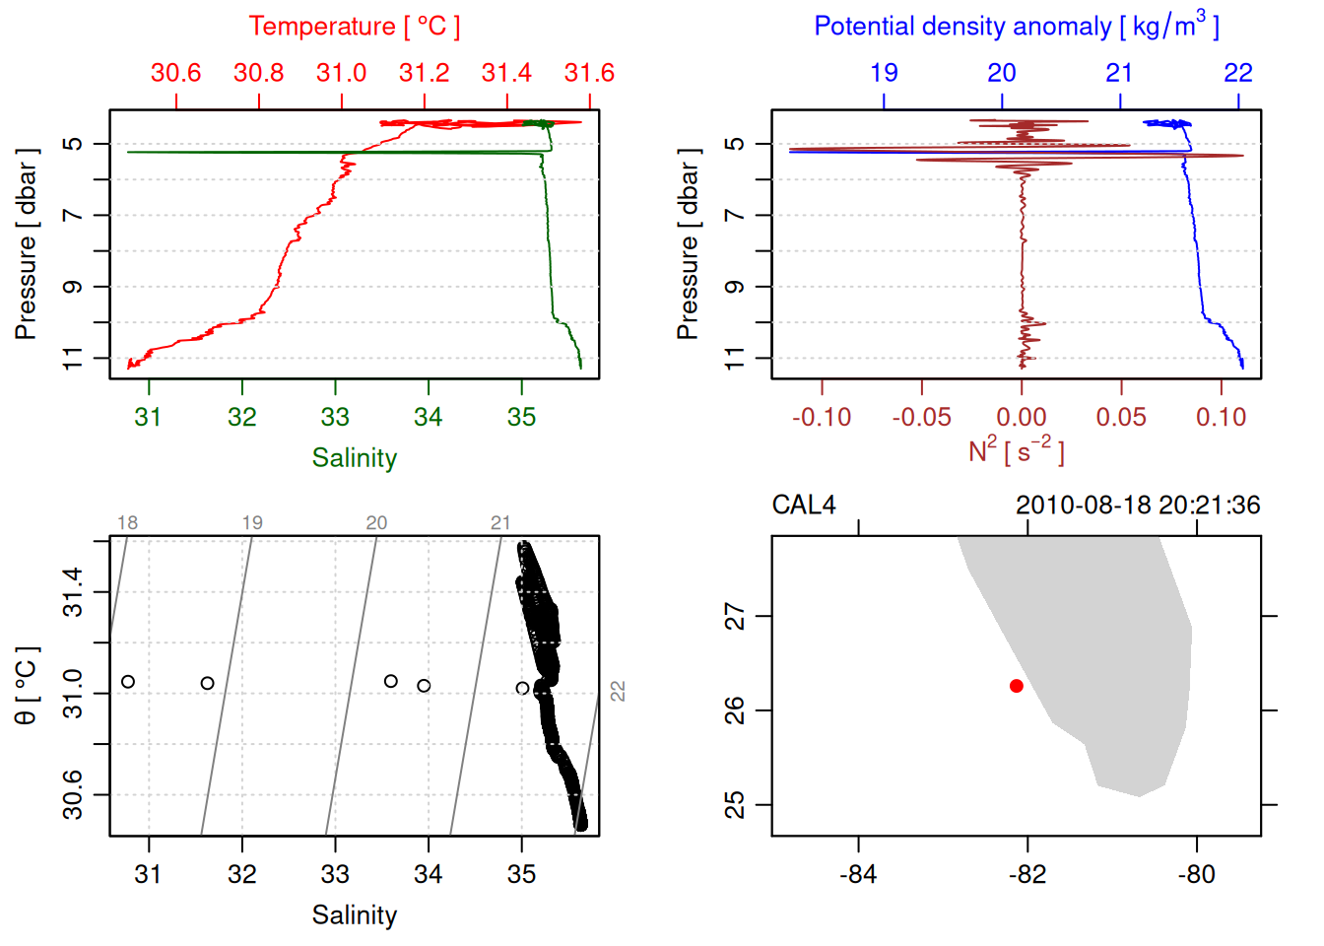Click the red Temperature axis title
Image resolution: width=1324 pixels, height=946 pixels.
pos(354,27)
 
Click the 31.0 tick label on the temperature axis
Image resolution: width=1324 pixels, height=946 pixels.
pos(341,73)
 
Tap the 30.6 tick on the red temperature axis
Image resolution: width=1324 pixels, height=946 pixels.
pos(175,73)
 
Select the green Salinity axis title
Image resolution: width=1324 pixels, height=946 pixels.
pos(354,458)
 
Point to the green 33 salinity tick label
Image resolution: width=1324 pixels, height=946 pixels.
pos(335,418)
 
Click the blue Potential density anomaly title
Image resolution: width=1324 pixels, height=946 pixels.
pos(1016,27)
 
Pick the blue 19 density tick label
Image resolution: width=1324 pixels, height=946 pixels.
pos(884,73)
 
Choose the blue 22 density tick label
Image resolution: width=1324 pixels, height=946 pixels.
pos(1238,73)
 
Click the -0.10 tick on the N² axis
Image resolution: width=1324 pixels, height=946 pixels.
pos(822,418)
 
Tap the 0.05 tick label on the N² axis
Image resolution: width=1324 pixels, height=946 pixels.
pos(1121,418)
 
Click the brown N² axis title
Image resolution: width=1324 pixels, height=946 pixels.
pos(1016,450)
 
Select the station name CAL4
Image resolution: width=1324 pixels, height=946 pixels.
pos(804,506)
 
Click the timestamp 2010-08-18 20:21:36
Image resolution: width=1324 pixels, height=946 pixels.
pos(1138,506)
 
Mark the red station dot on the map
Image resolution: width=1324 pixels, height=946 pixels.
pos(1017,686)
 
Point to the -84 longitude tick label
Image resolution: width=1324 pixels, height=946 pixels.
pos(858,875)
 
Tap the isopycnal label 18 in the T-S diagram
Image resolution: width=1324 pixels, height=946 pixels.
pos(128,523)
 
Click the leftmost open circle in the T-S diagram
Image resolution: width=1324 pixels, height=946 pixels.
pos(128,682)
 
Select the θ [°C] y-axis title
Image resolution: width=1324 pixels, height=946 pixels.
pos(27,686)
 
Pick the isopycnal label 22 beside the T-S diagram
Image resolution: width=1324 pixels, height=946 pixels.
pos(618,691)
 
